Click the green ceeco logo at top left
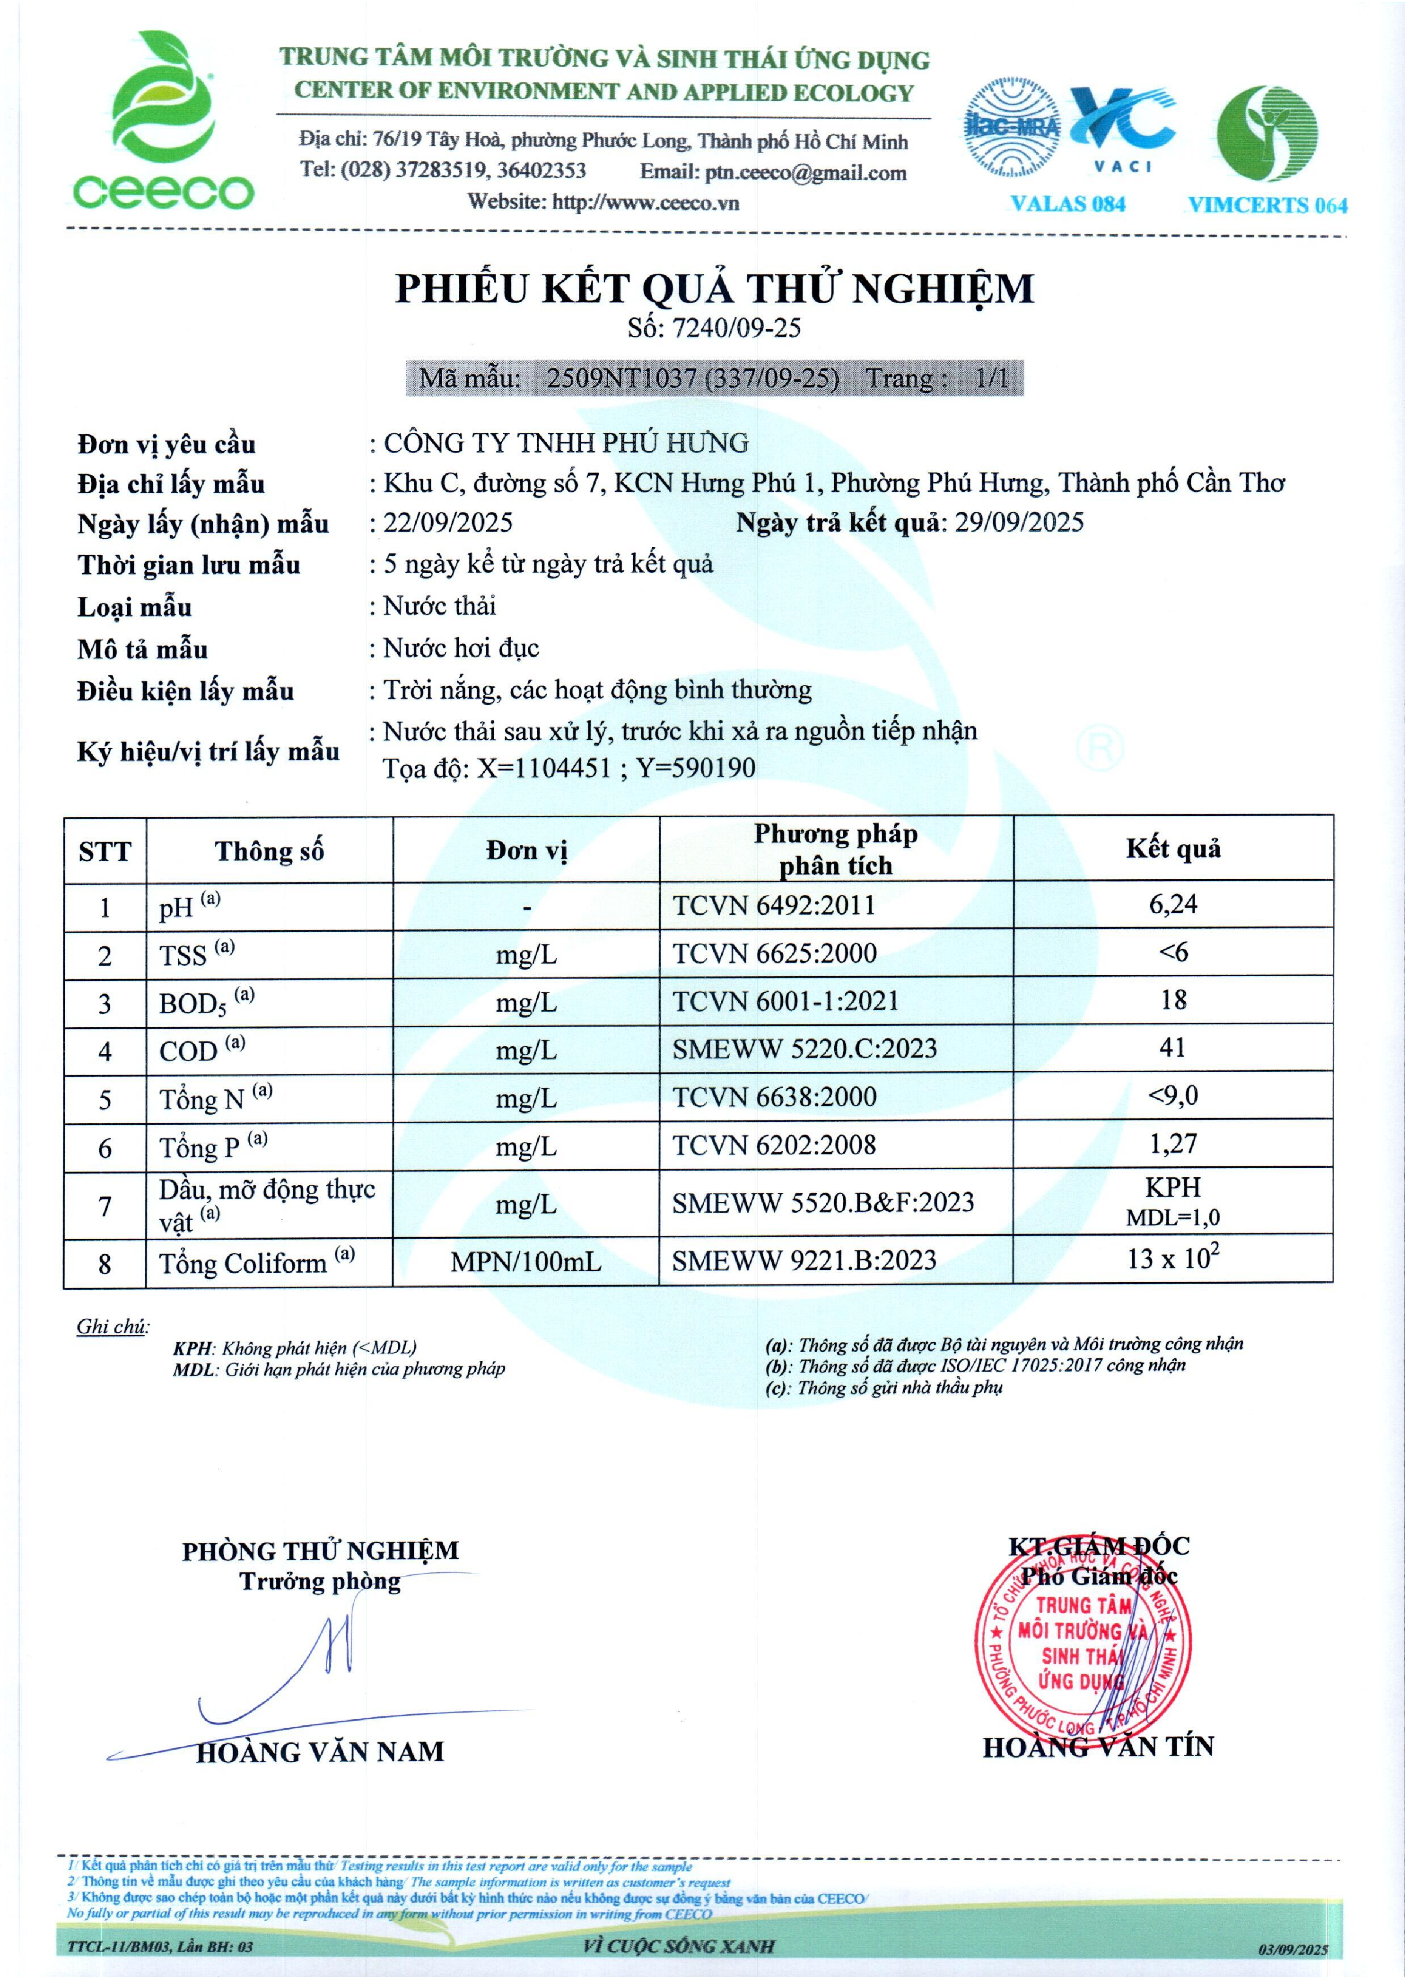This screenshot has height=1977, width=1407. pyautogui.click(x=163, y=121)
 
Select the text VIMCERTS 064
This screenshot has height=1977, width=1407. pyautogui.click(x=1267, y=205)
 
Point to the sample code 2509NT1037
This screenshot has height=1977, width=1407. pyautogui.click(x=621, y=378)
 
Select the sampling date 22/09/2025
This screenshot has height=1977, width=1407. pyautogui.click(x=448, y=523)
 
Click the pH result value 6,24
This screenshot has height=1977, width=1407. pyautogui.click(x=1173, y=904)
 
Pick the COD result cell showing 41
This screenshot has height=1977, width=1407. pyautogui.click(x=1172, y=1048)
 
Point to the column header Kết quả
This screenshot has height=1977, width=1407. pyautogui.click(x=1173, y=849)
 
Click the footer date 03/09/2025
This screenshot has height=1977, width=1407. pyautogui.click(x=1293, y=1949)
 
